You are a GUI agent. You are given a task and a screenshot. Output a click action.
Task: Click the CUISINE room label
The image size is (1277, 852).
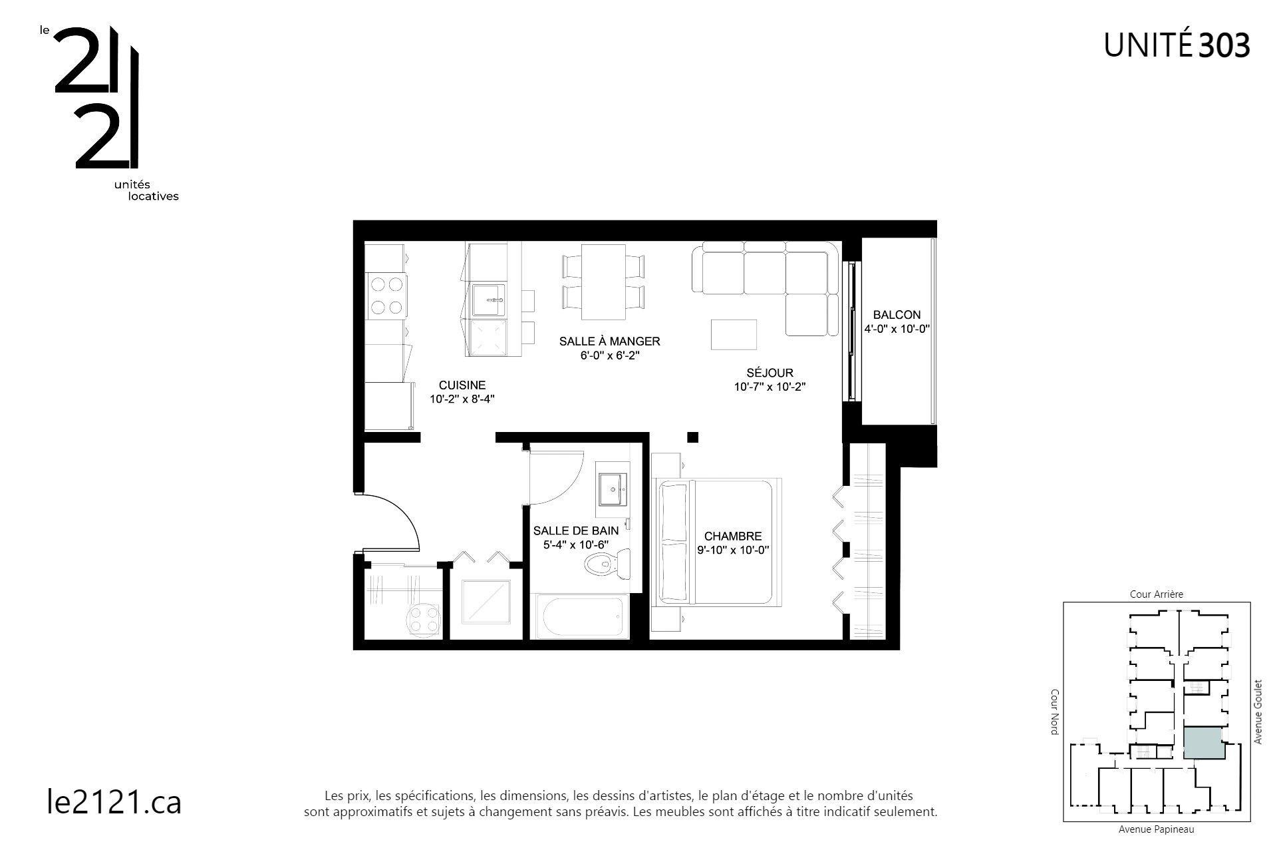[462, 385]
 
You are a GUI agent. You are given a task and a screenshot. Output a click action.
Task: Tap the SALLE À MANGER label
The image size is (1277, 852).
[609, 341]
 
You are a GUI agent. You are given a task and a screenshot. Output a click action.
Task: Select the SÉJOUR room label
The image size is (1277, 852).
[770, 373]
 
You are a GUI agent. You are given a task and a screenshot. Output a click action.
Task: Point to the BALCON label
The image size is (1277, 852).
[897, 315]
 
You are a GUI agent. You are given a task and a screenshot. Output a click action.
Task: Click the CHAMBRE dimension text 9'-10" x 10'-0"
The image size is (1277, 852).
[733, 550]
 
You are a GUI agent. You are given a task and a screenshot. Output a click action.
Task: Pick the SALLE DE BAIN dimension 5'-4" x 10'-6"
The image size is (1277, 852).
[576, 544]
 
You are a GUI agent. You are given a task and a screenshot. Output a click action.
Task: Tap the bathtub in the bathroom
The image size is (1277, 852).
[582, 616]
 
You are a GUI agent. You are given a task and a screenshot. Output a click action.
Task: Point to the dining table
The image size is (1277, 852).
[603, 282]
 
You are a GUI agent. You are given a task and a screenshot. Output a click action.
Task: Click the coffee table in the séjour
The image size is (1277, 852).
[734, 334]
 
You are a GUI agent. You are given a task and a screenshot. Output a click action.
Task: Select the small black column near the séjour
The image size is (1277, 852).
[692, 437]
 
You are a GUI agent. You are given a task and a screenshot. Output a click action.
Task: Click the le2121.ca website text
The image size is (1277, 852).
[114, 802]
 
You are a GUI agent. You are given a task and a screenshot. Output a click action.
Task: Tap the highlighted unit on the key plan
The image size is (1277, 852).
[1203, 743]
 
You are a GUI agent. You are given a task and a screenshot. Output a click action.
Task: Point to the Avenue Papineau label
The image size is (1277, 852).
[1156, 829]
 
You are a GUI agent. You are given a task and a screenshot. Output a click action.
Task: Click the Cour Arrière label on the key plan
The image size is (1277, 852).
[1157, 594]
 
